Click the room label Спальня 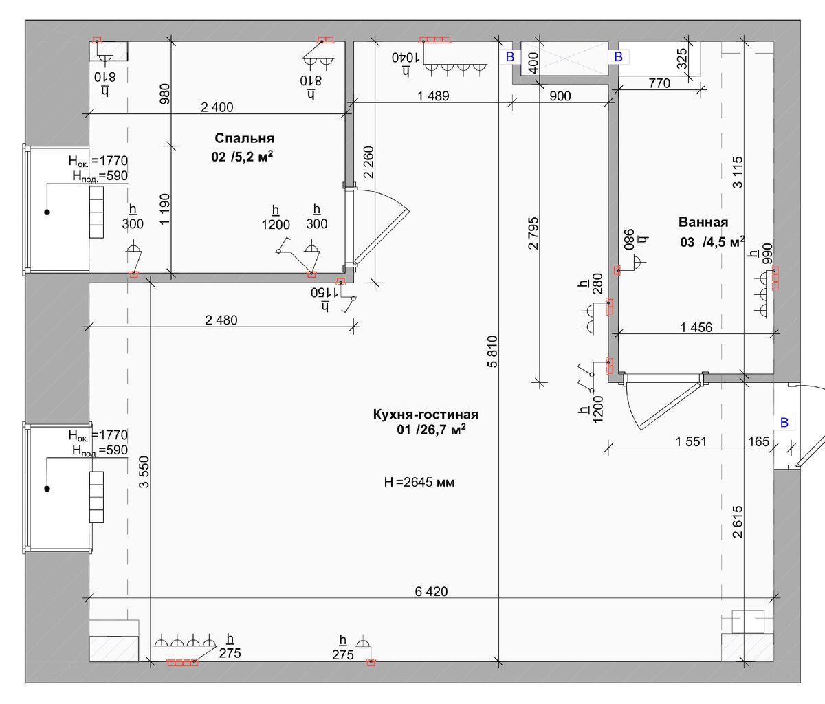244,138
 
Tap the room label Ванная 703,222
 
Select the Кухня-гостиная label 426,415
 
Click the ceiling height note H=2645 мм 419,482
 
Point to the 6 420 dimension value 431,591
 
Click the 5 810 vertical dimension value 492,351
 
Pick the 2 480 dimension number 221,320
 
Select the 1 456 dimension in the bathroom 696,327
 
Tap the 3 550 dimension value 144,472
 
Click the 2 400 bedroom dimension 217,107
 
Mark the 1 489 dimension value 433,96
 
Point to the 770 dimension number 659,83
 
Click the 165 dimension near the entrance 758,441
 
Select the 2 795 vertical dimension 533,234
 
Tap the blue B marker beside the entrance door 784,423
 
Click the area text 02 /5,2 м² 242,156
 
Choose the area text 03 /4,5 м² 712,241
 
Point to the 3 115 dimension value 738,173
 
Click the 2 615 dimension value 738,522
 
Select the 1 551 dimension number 691,441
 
